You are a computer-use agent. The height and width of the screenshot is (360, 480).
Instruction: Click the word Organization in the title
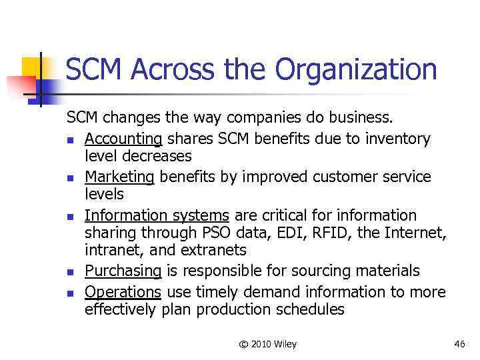pos(357,70)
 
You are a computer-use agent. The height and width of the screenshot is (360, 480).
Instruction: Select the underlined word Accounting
pos(123,139)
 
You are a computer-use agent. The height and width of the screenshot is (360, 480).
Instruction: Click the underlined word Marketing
pos(119,177)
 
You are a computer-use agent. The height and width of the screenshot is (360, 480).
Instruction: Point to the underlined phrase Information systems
pos(157,215)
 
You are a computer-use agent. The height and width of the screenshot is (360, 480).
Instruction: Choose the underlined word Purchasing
pos(123,271)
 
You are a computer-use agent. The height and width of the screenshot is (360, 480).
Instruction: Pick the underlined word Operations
pos(123,292)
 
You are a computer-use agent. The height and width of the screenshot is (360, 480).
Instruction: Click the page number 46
pos(459,344)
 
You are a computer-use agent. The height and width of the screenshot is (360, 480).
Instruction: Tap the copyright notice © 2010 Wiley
pos(268,344)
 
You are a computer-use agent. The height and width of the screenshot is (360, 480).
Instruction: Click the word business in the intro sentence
pos(363,119)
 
